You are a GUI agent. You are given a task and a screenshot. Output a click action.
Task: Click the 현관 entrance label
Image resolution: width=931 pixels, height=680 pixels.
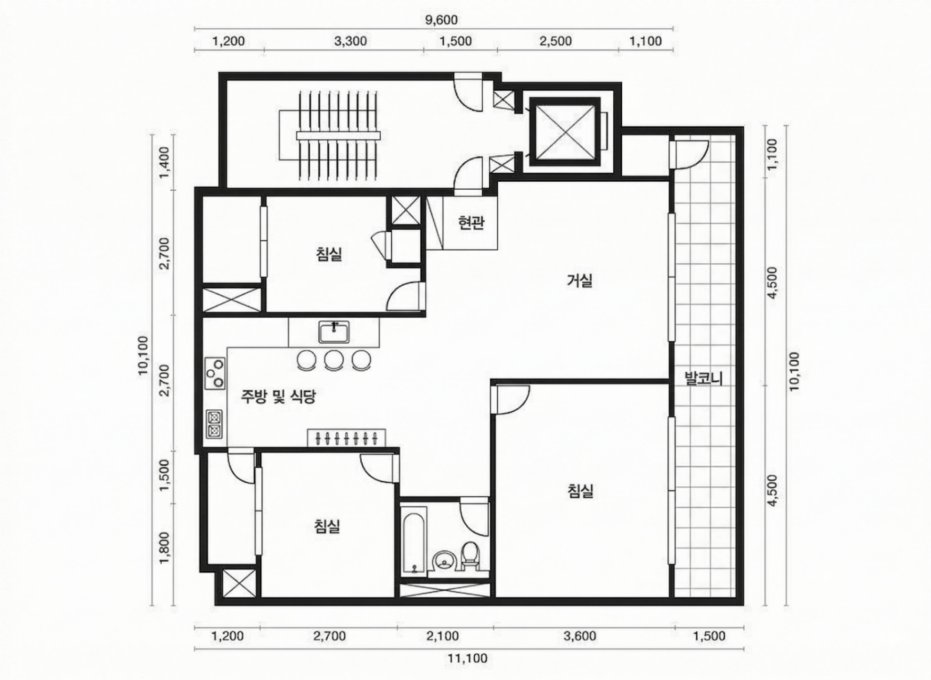(471, 223)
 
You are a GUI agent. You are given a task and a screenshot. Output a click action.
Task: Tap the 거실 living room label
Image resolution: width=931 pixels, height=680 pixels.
(580, 281)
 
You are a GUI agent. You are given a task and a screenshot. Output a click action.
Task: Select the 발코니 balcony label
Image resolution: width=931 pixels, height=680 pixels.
(704, 378)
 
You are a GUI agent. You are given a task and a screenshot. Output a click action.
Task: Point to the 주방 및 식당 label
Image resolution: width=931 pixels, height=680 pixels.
(278, 397)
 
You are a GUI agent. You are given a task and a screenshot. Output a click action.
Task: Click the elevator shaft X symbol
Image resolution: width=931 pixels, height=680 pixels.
(565, 132)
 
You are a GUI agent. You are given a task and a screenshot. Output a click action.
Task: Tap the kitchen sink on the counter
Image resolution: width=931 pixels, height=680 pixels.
(334, 332)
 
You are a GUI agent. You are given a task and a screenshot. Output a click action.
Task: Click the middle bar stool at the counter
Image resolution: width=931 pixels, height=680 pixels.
(333, 360)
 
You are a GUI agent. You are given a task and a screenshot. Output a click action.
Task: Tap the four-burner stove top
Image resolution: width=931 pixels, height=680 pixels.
(215, 373)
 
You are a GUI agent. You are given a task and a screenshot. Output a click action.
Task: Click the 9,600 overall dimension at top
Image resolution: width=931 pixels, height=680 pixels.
(441, 19)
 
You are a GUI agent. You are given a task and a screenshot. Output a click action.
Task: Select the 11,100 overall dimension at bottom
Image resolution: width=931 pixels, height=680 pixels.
(468, 658)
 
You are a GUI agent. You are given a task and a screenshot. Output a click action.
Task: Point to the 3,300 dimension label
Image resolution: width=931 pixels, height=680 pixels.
(350, 41)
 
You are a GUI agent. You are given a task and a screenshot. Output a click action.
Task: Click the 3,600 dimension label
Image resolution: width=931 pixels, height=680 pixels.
(580, 636)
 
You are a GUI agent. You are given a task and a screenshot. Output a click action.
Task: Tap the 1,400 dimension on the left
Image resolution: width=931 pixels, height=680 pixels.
(165, 162)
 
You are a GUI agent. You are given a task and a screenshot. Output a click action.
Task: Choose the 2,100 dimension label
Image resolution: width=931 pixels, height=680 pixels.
(443, 636)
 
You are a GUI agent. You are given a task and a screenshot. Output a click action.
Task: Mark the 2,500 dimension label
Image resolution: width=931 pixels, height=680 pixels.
(555, 41)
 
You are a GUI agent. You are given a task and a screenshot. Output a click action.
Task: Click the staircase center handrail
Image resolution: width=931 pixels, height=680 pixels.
(338, 136)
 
